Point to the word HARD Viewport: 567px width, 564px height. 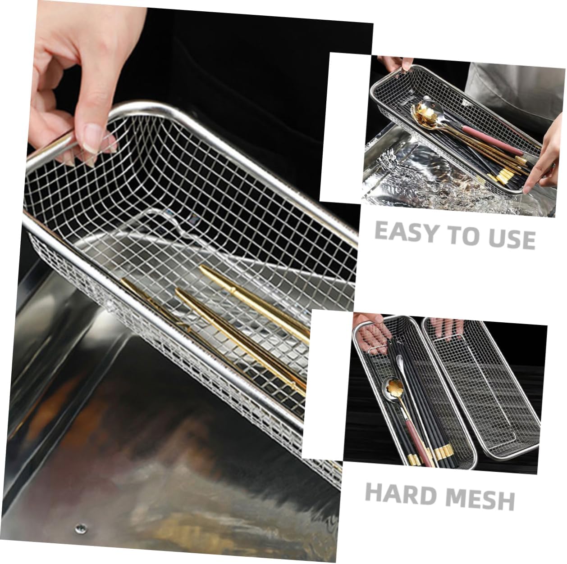point(401,492)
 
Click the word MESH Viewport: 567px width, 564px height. point(480,497)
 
